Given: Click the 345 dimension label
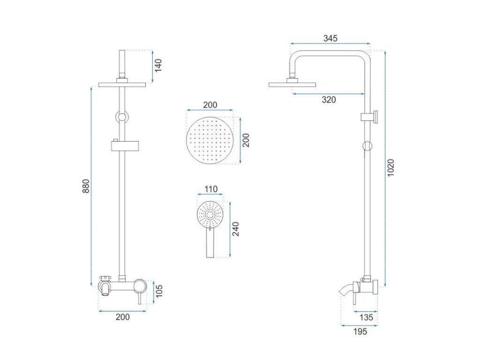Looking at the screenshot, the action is [330, 38].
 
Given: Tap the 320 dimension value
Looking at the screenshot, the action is [329, 99].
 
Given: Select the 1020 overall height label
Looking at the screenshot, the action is [390, 167].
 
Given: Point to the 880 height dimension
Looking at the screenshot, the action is [86, 186].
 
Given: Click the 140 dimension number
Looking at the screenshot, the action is [158, 66].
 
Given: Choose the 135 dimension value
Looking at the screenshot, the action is [366, 317].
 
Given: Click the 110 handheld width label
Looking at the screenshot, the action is [211, 189].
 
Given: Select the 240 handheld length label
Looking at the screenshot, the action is [235, 229].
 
